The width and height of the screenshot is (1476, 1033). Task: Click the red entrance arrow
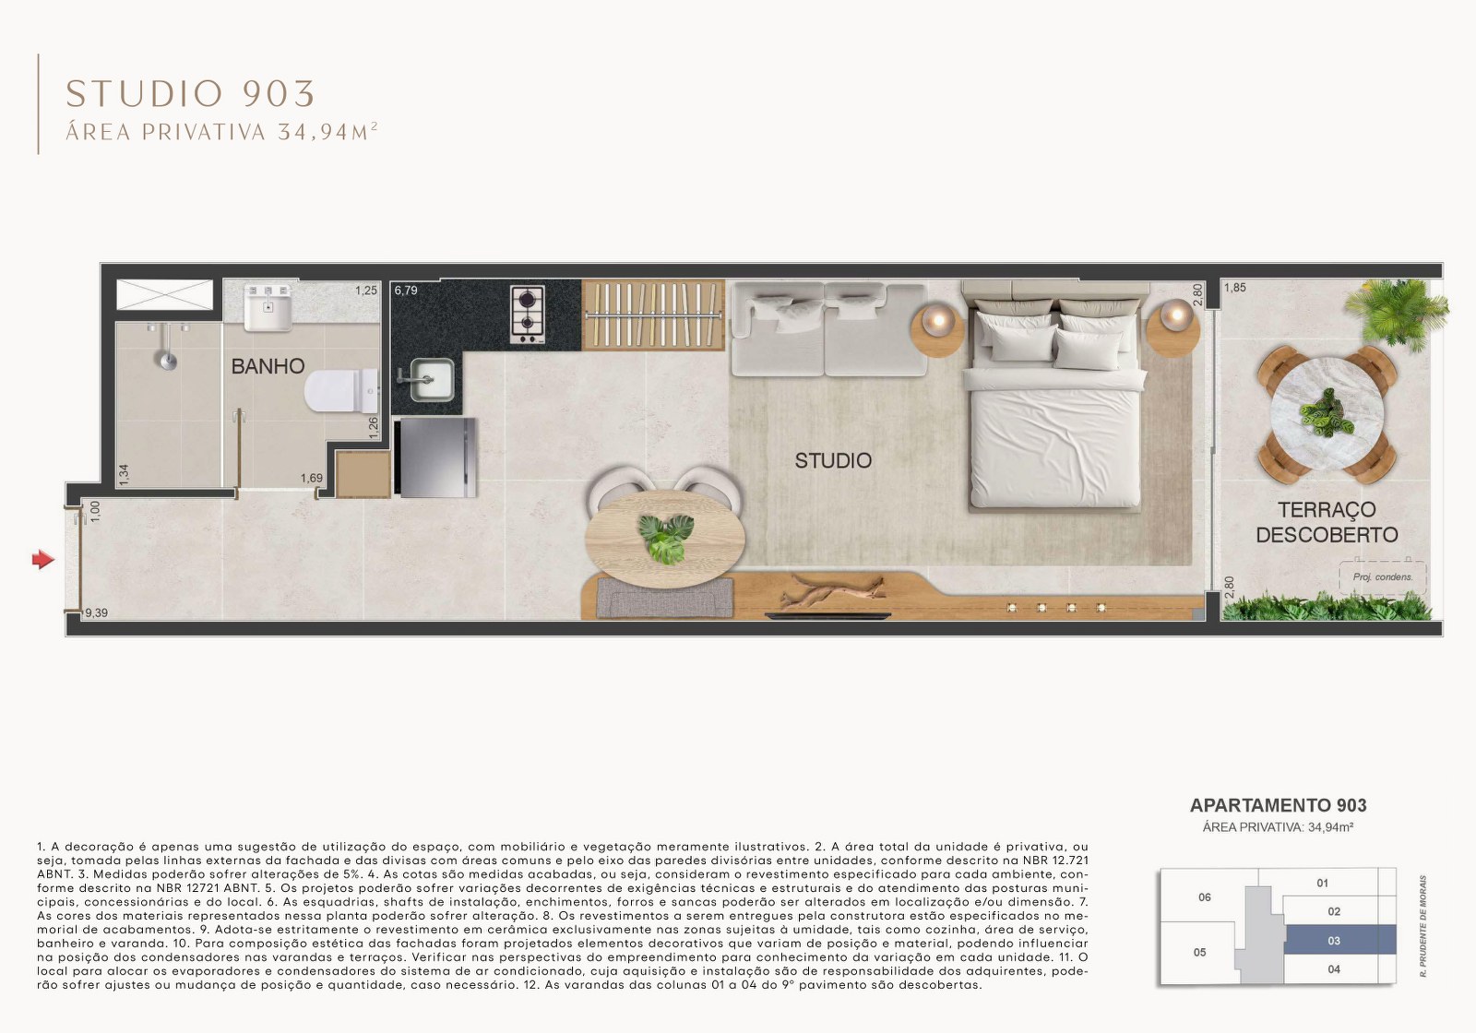(42, 559)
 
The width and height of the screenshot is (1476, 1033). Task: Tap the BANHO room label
(268, 366)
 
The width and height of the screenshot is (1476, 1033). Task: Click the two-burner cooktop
(528, 315)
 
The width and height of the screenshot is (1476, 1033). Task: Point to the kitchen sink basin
(431, 379)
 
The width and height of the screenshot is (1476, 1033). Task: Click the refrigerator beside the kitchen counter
(435, 457)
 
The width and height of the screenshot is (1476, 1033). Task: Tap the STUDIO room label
(833, 460)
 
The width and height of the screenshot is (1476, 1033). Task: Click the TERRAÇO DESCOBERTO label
(1327, 522)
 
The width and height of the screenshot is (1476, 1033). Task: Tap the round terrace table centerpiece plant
(1327, 412)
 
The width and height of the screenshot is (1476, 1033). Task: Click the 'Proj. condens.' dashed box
(1382, 576)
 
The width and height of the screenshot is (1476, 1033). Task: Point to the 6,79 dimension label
(406, 291)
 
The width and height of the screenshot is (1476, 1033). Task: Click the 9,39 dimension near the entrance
(96, 612)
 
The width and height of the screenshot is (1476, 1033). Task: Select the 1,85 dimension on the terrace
(1234, 288)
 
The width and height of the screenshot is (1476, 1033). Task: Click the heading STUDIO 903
(191, 93)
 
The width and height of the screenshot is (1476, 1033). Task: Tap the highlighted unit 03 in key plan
(1334, 941)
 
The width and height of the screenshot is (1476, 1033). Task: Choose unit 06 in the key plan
(1204, 897)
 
